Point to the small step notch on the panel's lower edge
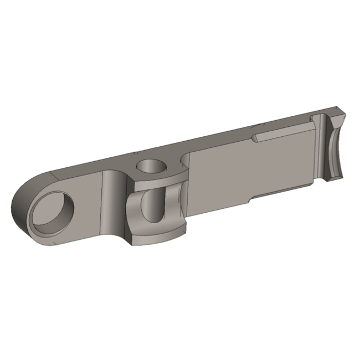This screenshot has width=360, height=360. point(249,198)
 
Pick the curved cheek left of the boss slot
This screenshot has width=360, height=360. point(133,213)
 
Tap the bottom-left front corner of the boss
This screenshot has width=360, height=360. point(128,243)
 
